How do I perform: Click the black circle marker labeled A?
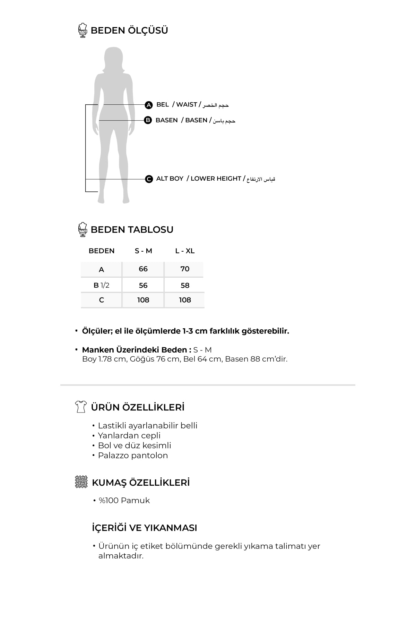[x=148, y=105]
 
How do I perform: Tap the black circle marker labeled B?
[x=148, y=120]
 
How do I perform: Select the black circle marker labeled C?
[x=149, y=179]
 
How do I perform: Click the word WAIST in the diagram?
[x=187, y=104]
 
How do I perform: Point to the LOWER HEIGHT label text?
[x=216, y=179]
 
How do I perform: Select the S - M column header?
[x=143, y=251]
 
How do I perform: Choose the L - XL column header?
[x=185, y=251]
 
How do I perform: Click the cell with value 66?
[x=143, y=269]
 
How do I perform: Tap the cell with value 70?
[x=185, y=269]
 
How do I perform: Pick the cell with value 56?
[x=143, y=285]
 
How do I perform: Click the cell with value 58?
[x=185, y=285]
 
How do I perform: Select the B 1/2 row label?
[x=101, y=285]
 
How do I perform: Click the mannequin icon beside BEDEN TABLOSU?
[x=83, y=229]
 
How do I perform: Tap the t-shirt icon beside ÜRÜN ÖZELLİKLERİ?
[x=81, y=407]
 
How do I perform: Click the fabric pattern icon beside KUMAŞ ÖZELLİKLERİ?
[x=81, y=482]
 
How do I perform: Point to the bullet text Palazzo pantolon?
[x=133, y=456]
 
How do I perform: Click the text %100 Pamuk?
[x=124, y=501]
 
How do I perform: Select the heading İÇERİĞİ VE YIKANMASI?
[x=144, y=528]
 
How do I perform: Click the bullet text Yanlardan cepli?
[x=129, y=436]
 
